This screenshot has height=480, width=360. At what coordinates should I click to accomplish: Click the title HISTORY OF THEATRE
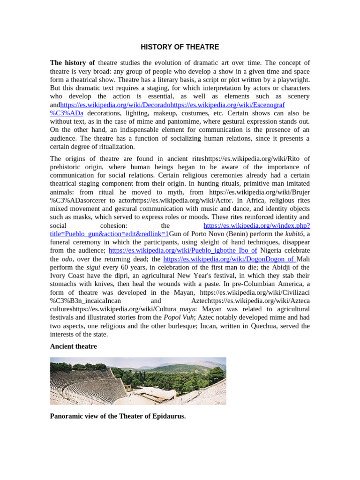pyautogui.click(x=180, y=47)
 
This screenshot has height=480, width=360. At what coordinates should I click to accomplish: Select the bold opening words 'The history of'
pyautogui.click(x=72, y=63)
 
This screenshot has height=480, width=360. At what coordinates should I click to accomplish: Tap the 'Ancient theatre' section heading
pyautogui.click(x=73, y=346)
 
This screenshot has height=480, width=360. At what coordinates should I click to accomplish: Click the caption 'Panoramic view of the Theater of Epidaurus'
pyautogui.click(x=118, y=416)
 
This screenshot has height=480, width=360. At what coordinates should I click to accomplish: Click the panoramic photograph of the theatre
pyautogui.click(x=138, y=381)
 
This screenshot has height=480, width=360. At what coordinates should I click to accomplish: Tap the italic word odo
pyautogui.click(x=67, y=259)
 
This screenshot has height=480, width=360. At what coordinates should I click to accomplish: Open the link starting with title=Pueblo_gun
pyautogui.click(x=109, y=233)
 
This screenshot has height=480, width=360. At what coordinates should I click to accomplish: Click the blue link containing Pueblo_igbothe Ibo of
pyautogui.click(x=183, y=250)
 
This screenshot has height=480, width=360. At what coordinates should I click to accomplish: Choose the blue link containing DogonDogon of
pyautogui.click(x=229, y=259)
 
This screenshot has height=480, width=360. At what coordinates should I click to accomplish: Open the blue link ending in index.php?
pyautogui.click(x=256, y=225)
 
